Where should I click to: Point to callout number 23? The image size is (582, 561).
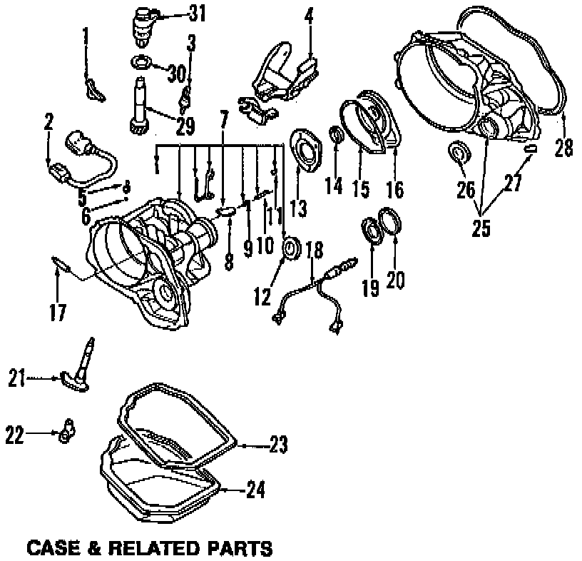point(278,446)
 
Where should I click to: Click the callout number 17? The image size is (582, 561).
point(59,312)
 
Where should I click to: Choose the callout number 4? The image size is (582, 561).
point(310,16)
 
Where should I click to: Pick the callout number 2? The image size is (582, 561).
point(48,123)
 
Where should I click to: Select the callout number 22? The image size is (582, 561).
point(16,433)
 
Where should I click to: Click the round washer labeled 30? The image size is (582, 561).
point(142,61)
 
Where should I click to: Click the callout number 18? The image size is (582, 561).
point(314,251)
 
